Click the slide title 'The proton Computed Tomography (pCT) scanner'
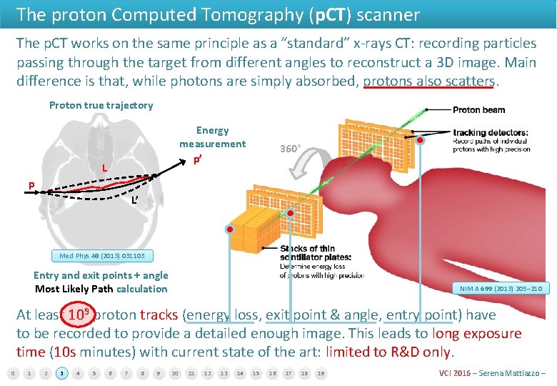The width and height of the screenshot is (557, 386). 218,14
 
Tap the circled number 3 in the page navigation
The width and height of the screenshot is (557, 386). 62,373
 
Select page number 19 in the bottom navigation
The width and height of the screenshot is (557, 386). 321,373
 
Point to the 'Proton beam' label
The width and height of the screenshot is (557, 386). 478,110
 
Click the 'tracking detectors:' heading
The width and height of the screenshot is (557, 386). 491,132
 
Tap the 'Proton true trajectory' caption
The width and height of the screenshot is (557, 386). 101,106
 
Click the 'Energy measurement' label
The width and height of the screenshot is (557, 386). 212,137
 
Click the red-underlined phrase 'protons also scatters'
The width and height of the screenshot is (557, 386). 428,81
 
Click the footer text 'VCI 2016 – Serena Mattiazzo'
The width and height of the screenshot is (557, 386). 493,373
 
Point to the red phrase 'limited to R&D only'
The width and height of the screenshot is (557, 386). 388,352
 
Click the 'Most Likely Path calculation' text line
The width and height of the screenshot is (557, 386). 101,289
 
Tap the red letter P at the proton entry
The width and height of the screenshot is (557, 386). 31,186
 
